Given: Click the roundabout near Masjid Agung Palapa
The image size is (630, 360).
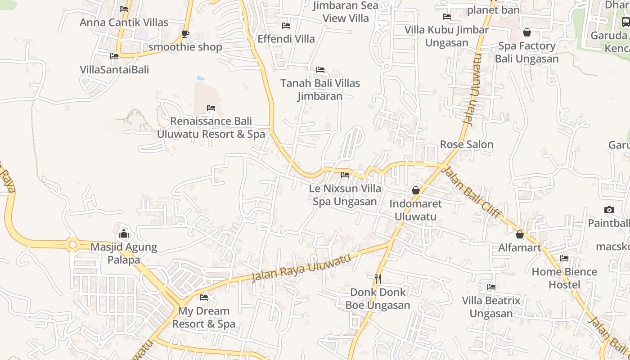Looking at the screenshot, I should coord(72,244).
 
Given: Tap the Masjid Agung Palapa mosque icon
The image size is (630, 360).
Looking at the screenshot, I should coord(124,234).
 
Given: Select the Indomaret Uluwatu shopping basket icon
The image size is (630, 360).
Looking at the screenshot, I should coord(416,191).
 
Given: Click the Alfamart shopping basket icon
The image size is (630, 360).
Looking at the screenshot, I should coord(520,234).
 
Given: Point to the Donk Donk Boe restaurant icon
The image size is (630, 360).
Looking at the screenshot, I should coord(378,279).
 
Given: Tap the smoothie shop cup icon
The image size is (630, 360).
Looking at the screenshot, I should coord(185,34).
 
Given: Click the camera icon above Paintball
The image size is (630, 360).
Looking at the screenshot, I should coord(609,210).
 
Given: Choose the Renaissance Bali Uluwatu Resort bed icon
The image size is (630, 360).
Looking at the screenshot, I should coord(211,108).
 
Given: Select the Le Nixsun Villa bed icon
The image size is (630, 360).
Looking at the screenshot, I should coord(345,175).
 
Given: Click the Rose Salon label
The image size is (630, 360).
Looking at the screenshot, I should coord(467,144).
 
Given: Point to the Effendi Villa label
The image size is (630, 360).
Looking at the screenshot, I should coord(286,39).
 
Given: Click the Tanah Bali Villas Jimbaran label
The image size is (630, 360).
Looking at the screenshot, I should coord(320,90).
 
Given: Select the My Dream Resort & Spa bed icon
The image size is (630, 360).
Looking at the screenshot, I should coord(204,297).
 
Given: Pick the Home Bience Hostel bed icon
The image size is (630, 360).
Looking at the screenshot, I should coord(564,258).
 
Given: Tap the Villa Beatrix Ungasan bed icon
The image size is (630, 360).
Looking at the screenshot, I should coord(491,287).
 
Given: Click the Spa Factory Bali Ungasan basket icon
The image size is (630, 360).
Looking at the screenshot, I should coord(527,33).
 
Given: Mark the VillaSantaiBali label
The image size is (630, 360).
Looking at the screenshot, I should coord(114,70).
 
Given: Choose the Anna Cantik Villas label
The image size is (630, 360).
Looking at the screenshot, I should coord(124,22).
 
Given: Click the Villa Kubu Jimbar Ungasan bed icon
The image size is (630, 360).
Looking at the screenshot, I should coord(446,17).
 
